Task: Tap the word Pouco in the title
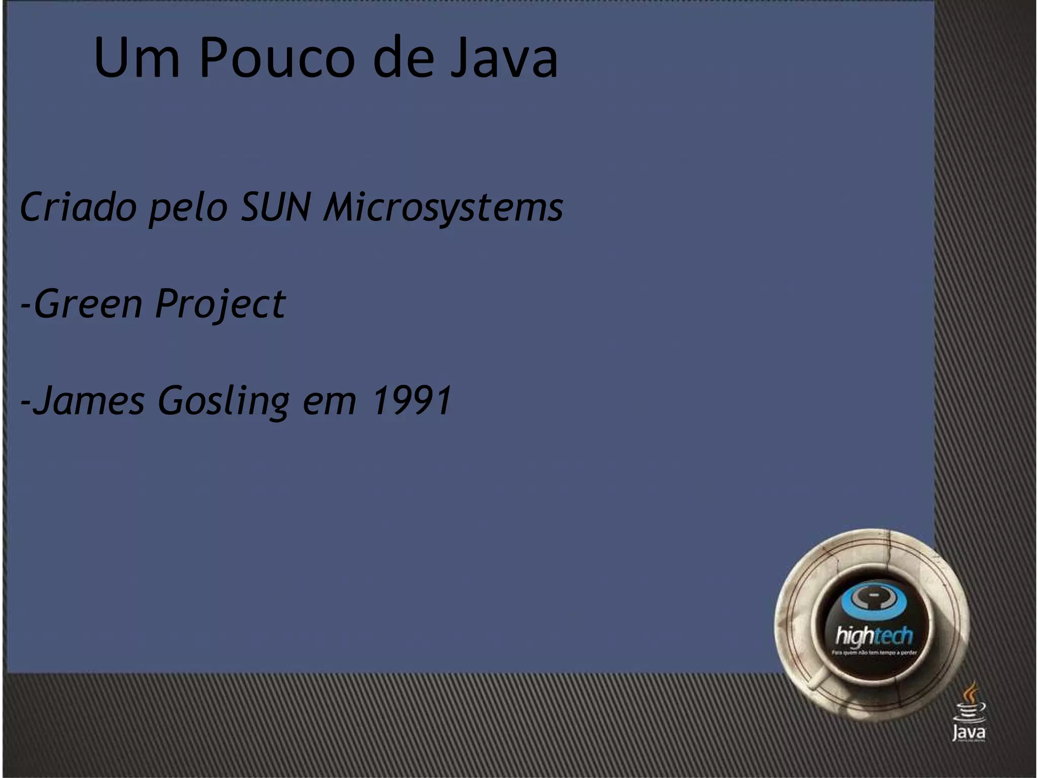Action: click(277, 58)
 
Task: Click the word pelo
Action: click(188, 208)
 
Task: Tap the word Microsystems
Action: click(443, 208)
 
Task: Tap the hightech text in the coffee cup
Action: click(874, 636)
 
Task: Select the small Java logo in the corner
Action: click(969, 714)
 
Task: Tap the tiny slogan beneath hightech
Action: click(874, 653)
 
